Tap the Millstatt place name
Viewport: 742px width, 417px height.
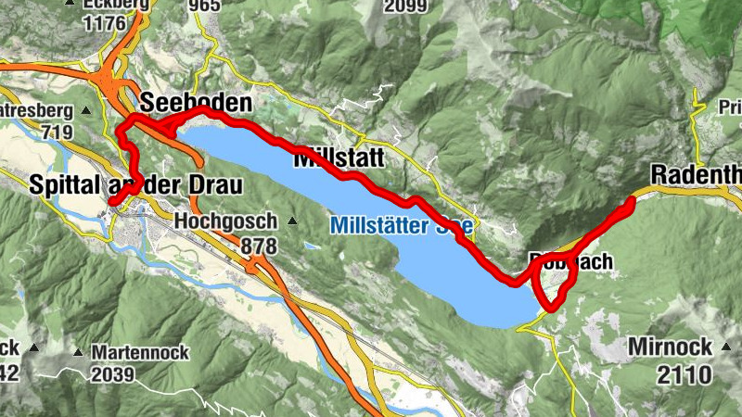[338, 158]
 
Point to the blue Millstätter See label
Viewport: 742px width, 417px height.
[402, 225]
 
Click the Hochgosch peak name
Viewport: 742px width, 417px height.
[225, 222]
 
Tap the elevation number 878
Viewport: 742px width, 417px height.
[259, 246]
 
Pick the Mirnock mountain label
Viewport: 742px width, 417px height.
[670, 347]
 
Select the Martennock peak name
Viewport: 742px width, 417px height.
[140, 353]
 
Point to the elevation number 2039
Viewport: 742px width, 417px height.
[112, 375]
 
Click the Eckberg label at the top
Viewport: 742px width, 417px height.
[117, 5]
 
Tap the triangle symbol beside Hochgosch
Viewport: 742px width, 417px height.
[293, 221]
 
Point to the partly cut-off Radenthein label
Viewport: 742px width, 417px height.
[696, 174]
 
